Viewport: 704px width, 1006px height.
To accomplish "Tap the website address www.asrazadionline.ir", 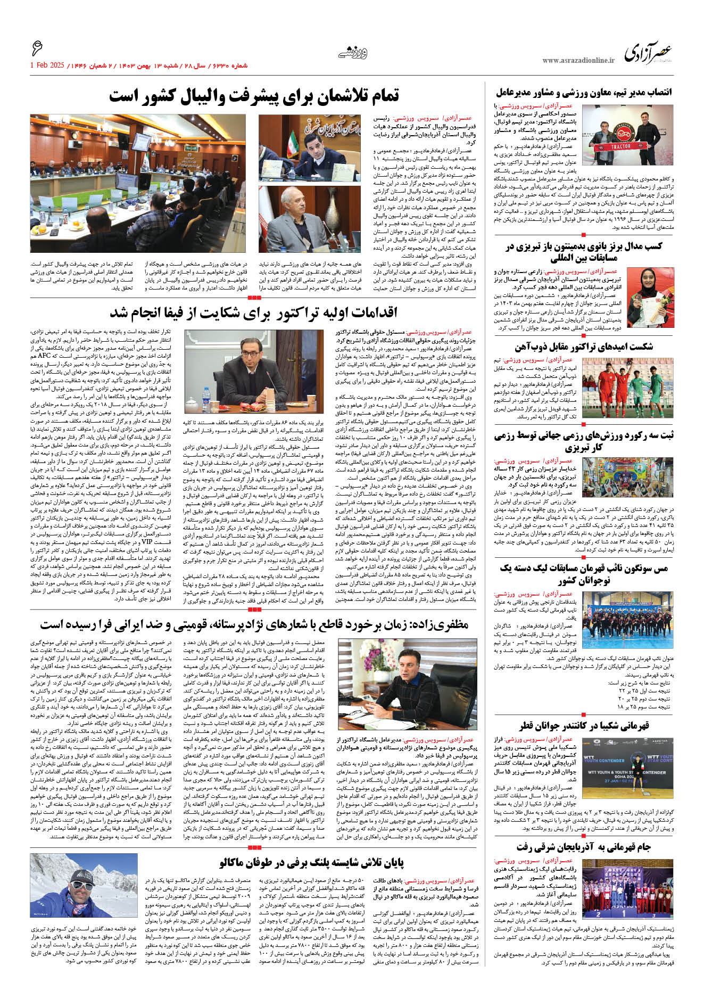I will [x=578, y=61].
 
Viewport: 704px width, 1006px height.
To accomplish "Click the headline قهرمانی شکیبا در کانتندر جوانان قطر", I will [x=584, y=726].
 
